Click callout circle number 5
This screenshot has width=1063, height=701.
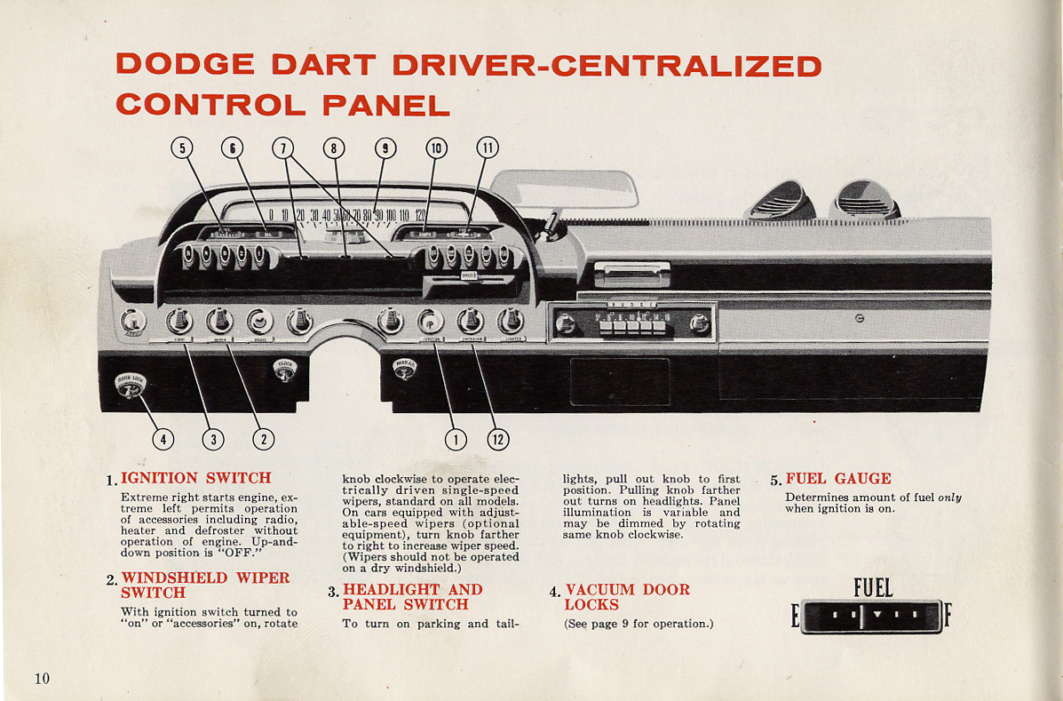tap(182, 148)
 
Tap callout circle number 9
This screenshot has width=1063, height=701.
tap(384, 148)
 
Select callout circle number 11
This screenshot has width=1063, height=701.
tap(488, 148)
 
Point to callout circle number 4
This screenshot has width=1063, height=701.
tap(162, 438)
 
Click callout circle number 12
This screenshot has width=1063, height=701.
tap(497, 438)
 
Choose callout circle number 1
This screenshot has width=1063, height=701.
tap(456, 438)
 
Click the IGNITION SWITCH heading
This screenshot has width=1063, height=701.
tap(195, 478)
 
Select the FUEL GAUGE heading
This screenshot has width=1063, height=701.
tap(837, 478)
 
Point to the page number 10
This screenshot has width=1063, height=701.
tap(43, 679)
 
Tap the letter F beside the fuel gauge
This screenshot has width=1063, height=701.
tap(948, 616)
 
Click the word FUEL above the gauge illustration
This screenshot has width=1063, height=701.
tap(872, 588)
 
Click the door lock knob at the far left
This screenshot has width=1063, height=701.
tap(130, 386)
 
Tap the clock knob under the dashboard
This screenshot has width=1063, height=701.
tap(285, 370)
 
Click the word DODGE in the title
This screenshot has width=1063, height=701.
tap(186, 66)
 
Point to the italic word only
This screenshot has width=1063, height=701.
tap(949, 498)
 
